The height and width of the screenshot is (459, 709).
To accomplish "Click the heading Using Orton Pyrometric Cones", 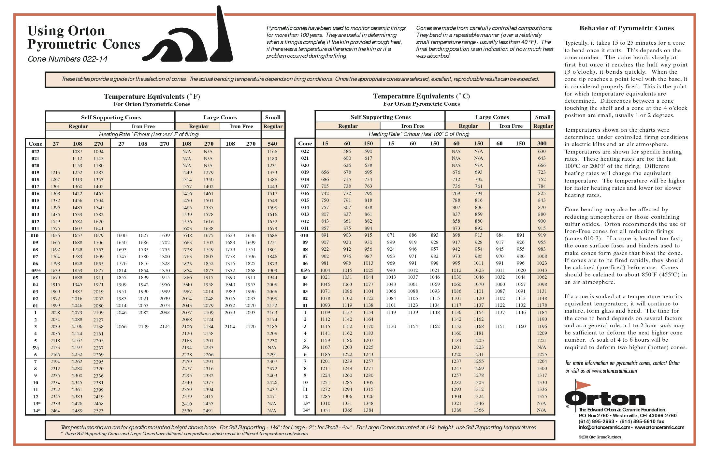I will pos(84,37).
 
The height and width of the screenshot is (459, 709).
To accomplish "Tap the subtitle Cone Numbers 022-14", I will pos(67,59).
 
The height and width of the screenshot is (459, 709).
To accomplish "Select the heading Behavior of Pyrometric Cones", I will pos(626,28).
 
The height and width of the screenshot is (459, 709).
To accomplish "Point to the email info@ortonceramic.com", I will pos(605,427).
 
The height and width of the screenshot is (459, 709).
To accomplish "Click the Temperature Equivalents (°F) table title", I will pos(152,96).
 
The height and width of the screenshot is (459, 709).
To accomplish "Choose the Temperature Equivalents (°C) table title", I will pos(421,96).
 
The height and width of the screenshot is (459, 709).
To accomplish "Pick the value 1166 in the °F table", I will pos(272,152).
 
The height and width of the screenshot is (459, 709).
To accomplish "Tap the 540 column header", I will pos(272,143).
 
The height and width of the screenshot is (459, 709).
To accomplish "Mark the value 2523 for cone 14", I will pos(98,411).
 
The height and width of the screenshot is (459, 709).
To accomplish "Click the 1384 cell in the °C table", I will pos(368,410).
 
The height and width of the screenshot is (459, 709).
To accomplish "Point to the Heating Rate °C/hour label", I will pos(419,134).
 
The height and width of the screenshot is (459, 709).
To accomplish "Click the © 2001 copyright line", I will pos(600,437).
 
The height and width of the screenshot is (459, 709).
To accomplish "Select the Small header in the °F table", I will pos(273,117).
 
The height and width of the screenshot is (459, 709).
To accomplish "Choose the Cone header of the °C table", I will pos(305,143).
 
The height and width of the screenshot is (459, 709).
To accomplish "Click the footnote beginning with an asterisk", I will pos(184,434).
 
